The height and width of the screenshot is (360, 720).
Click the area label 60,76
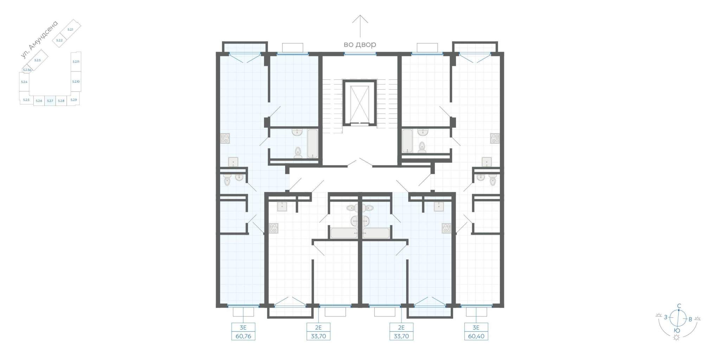click(x=243, y=336)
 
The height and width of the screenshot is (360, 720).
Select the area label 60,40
click(x=476, y=336)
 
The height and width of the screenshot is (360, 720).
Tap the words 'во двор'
click(x=360, y=45)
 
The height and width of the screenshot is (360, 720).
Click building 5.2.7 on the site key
click(x=50, y=101)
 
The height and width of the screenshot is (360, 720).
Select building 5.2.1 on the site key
click(x=70, y=30)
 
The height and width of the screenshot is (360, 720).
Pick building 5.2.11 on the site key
click(x=76, y=62)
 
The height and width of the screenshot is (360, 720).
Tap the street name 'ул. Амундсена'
click(x=39, y=40)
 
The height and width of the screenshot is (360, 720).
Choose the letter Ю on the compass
click(x=677, y=330)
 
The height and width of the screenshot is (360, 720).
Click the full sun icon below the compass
click(x=676, y=337)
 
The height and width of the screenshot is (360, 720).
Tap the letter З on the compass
click(x=666, y=317)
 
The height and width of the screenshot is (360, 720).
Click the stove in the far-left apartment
click(x=225, y=138)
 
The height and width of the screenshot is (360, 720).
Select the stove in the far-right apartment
click(x=495, y=138)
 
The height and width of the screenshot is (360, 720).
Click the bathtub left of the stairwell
click(x=313, y=143)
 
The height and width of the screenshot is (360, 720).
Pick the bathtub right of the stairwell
click(x=407, y=141)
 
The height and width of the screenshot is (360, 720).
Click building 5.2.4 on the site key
click(x=24, y=82)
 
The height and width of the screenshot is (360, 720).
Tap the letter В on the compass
click(x=690, y=320)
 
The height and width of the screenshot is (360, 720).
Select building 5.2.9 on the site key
click(x=73, y=100)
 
